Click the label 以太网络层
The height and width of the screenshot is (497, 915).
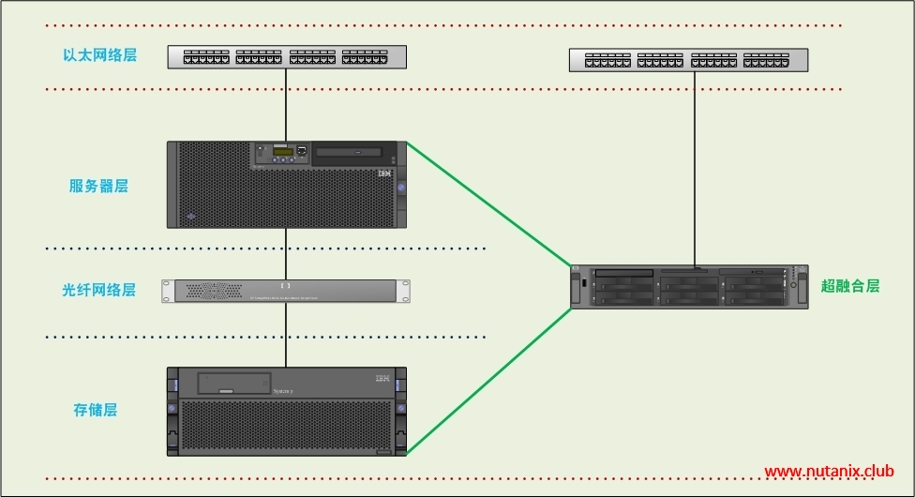[x=99, y=55]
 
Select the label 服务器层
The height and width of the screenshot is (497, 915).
[x=98, y=186]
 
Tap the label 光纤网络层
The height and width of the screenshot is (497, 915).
[x=98, y=290]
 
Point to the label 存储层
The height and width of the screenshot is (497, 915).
[x=95, y=410]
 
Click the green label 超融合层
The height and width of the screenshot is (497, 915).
[x=850, y=286]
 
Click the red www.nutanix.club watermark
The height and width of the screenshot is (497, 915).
[x=830, y=471]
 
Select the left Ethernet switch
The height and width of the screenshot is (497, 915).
[x=287, y=56]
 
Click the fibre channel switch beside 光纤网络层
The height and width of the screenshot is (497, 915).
[x=286, y=291]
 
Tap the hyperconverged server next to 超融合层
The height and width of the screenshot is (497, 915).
[x=689, y=287]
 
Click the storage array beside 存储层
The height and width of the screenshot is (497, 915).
[x=286, y=412]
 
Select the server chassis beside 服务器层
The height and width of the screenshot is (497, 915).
[x=286, y=184]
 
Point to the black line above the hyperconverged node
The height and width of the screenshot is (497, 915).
[x=695, y=169]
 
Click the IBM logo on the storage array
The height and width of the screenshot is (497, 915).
[x=382, y=378]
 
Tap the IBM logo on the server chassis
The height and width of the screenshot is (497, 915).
[x=383, y=175]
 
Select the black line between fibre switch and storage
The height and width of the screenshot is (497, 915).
[x=286, y=335]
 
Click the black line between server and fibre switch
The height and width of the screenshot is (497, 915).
[x=286, y=253]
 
